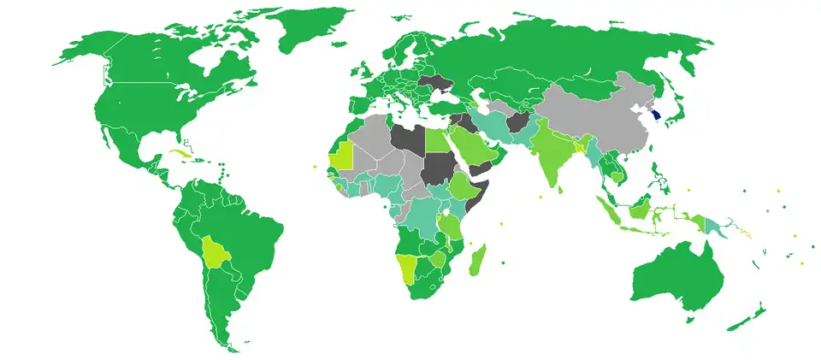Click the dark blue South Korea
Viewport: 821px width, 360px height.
(655, 116)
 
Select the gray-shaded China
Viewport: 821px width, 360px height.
(599, 120)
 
